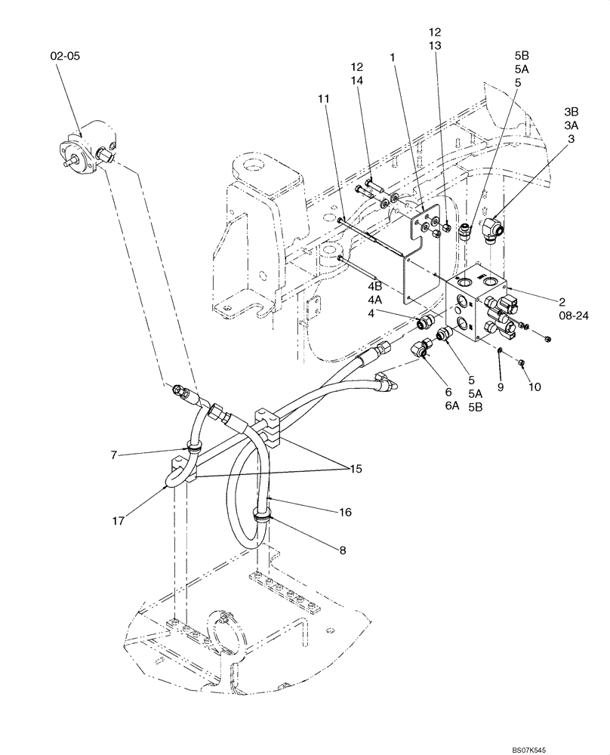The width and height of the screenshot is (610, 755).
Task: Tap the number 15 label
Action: point(353,469)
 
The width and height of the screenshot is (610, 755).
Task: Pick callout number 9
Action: point(499,387)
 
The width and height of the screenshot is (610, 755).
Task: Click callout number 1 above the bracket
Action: point(393,57)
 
